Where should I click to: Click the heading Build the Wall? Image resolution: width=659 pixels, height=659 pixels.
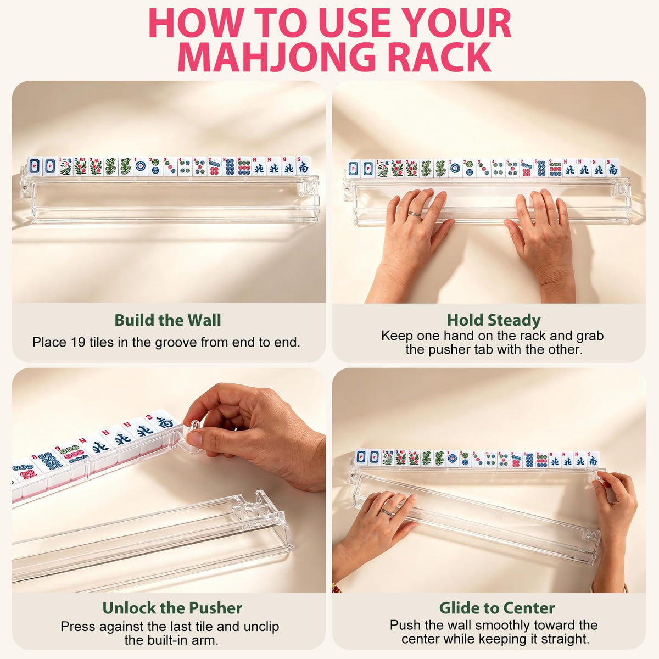[x=167, y=320]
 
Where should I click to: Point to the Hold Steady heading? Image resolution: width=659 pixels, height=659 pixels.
[x=494, y=320]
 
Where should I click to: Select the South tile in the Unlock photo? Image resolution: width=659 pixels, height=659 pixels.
[x=164, y=422]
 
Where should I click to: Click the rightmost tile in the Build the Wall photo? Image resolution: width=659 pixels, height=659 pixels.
[x=303, y=166]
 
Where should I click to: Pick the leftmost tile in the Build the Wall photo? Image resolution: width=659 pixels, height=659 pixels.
[x=35, y=166]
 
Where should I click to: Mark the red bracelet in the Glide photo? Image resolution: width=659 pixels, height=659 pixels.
[x=337, y=588]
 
